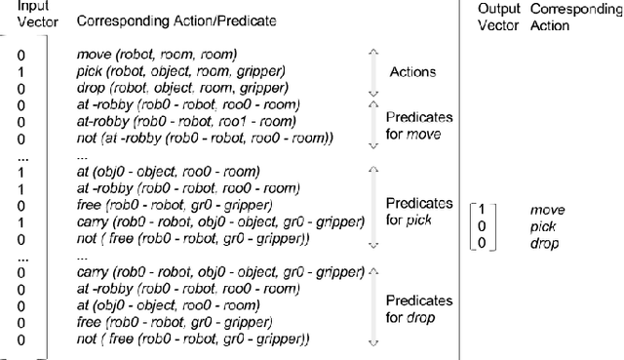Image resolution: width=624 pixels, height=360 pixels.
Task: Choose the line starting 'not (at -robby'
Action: click(x=204, y=139)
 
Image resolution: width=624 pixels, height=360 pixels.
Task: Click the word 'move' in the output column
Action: click(x=547, y=210)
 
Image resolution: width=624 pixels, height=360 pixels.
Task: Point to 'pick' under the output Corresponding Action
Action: click(x=542, y=226)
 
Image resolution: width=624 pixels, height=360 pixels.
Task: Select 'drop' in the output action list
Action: click(x=544, y=244)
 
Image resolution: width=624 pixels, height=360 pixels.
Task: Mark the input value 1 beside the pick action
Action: click(x=20, y=72)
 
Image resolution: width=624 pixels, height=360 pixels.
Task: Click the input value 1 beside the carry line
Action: click(x=20, y=222)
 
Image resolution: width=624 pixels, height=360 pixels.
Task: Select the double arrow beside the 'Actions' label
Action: click(x=371, y=72)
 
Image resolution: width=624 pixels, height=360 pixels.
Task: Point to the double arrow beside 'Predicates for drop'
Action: click(x=371, y=305)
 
